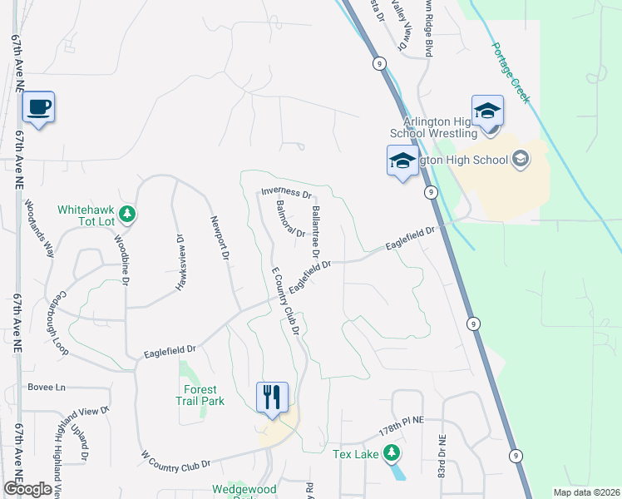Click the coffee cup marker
(38, 107)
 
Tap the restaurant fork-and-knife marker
(271, 398)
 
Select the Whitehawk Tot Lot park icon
(126, 215)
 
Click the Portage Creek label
(509, 72)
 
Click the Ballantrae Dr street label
(315, 230)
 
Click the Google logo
(27, 489)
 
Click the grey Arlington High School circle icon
(521, 158)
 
